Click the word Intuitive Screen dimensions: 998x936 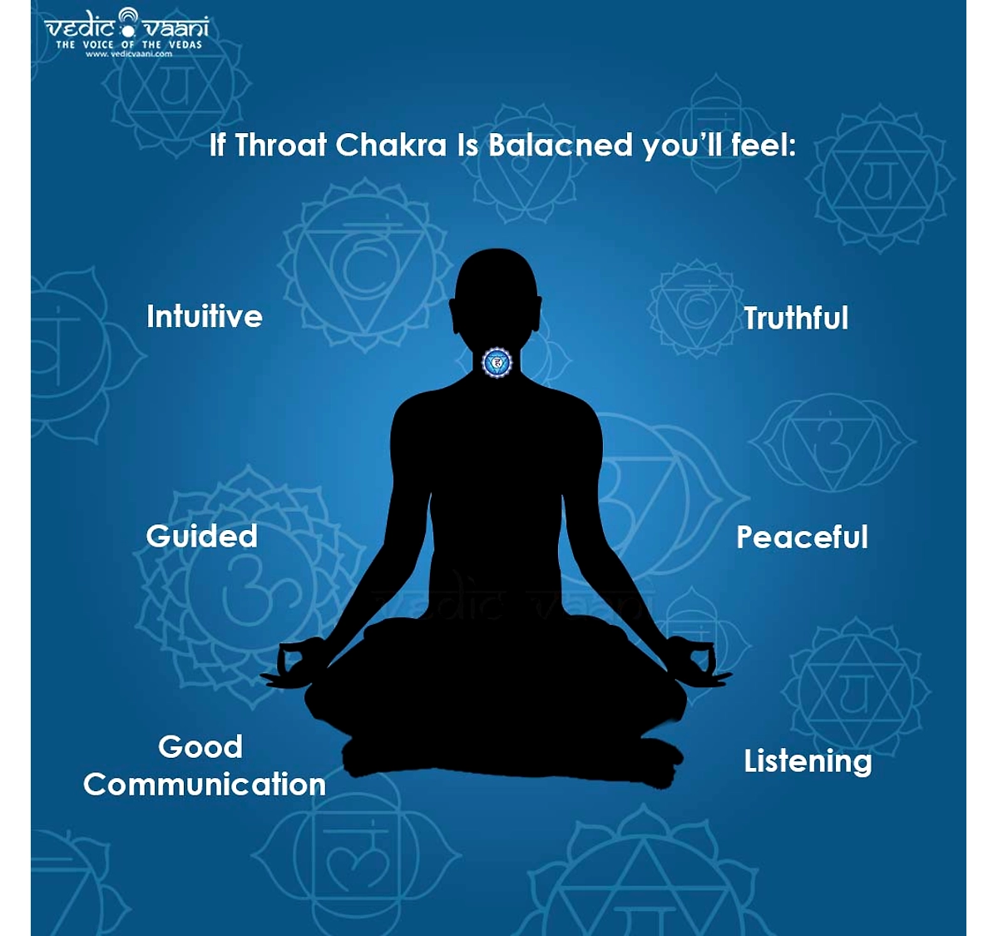[x=205, y=316]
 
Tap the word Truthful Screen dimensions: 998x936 [x=796, y=318]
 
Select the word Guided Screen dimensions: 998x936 [x=201, y=536]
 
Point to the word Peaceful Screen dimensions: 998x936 [x=802, y=538]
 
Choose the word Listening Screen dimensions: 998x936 [x=808, y=761]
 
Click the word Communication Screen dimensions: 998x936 [x=205, y=785]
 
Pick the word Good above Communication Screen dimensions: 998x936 [x=200, y=746]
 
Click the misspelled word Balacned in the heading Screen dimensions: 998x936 [x=560, y=146]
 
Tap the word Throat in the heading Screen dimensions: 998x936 [x=280, y=146]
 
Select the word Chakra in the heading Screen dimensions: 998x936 [x=391, y=146]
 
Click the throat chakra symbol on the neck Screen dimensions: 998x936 [x=497, y=362]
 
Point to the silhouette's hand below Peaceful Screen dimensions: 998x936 [x=699, y=662]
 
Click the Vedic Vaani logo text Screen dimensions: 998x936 [x=126, y=26]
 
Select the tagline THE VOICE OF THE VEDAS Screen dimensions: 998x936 [x=129, y=45]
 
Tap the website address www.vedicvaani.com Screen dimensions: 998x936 [x=129, y=54]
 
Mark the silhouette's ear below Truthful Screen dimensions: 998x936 [x=538, y=314]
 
